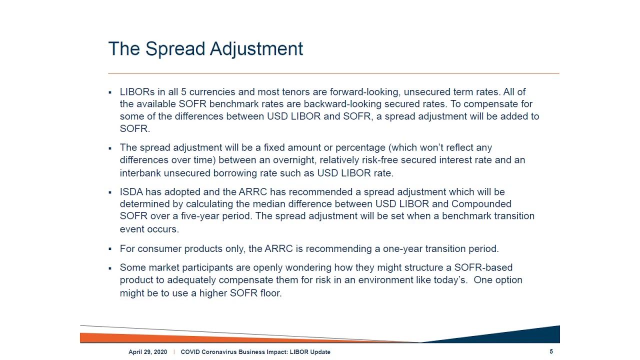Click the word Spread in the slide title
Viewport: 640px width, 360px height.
[x=175, y=49]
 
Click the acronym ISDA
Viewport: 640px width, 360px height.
[x=131, y=192]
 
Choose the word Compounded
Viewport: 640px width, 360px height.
[x=481, y=204]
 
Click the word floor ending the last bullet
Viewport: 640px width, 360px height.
[x=270, y=293]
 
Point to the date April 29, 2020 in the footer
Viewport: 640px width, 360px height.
[x=147, y=352]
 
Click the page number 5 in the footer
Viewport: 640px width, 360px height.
[x=551, y=351]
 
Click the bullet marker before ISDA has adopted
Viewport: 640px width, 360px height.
[x=110, y=192]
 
